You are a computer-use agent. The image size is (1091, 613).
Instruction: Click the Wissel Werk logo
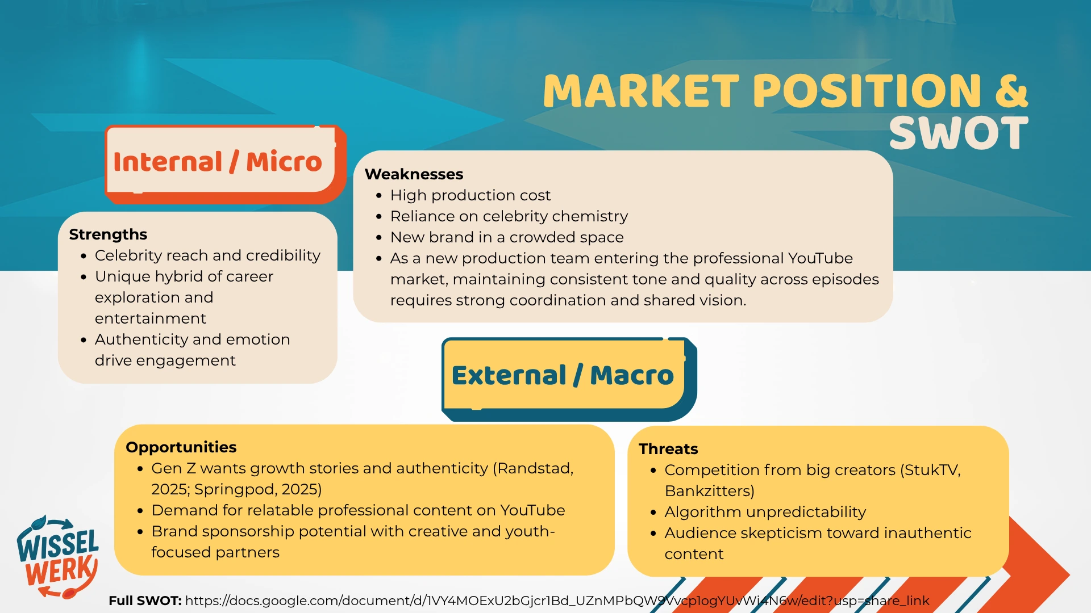[x=58, y=557]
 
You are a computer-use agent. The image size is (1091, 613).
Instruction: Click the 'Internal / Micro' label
[x=218, y=162]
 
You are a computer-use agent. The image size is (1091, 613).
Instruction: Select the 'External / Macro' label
[x=563, y=375]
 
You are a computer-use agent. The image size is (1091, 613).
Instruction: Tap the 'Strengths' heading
[x=108, y=234]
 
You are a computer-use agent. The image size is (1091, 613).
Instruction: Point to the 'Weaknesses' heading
[x=414, y=174]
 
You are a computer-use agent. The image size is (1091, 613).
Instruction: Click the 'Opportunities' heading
[x=181, y=447]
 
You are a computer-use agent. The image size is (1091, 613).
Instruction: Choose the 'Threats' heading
[x=668, y=449]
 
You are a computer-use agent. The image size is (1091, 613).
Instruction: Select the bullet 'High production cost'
[x=470, y=195]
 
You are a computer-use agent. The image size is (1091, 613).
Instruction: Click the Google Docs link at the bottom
[x=557, y=601]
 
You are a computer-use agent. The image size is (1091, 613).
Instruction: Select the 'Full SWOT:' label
[x=145, y=601]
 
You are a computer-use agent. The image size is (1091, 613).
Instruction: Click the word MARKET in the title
[x=642, y=91]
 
